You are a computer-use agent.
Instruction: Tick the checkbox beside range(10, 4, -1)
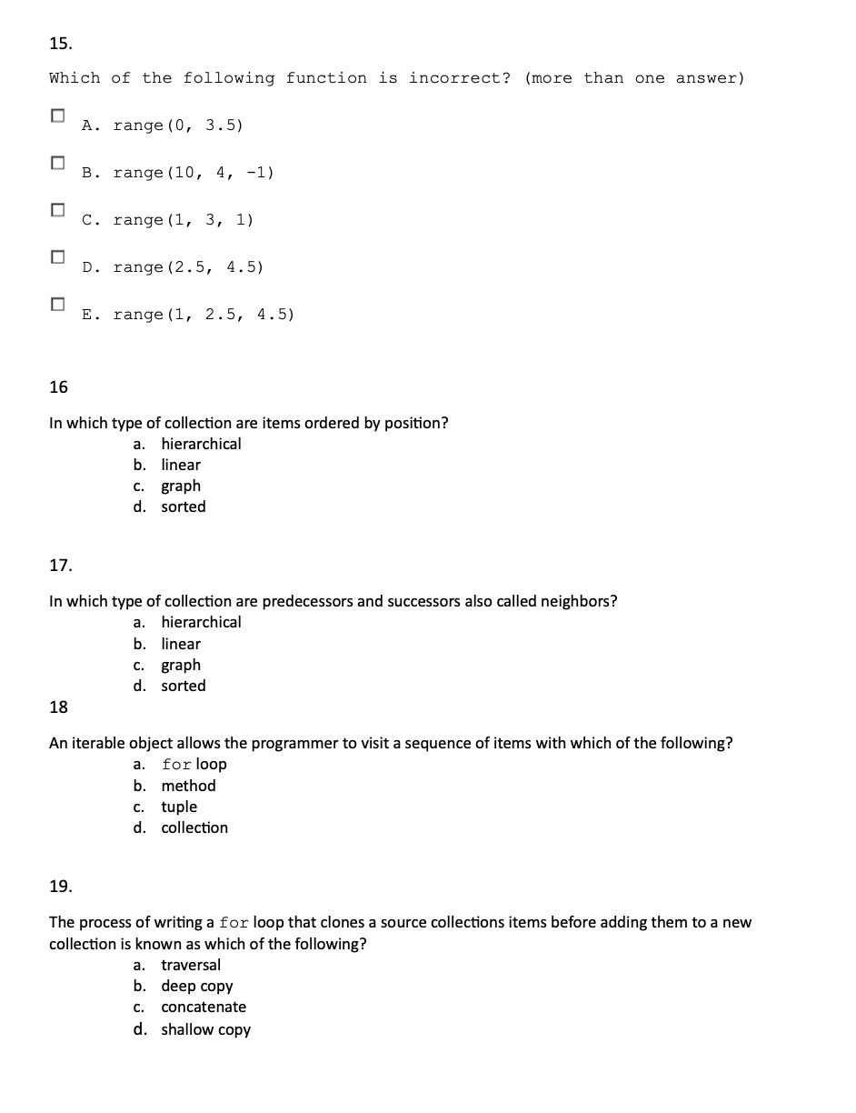point(58,163)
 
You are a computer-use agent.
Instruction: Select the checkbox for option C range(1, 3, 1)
point(58,210)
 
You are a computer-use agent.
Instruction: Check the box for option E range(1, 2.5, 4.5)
point(58,305)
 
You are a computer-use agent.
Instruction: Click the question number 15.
point(60,43)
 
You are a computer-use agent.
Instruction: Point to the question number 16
point(58,387)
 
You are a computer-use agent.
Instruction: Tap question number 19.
point(60,886)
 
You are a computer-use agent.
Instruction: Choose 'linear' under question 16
point(181,465)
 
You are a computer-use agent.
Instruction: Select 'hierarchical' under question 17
point(201,622)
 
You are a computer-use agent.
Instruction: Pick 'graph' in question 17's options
point(181,665)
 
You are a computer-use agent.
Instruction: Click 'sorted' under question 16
point(184,506)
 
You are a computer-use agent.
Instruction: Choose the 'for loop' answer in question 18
point(194,764)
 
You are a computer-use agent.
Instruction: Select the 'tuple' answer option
point(179,807)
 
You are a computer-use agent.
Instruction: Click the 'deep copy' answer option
point(197,986)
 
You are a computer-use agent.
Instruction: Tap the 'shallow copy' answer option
point(205,1029)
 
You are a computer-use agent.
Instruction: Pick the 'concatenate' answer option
point(204,1007)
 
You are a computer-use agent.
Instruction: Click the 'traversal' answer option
point(191,965)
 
